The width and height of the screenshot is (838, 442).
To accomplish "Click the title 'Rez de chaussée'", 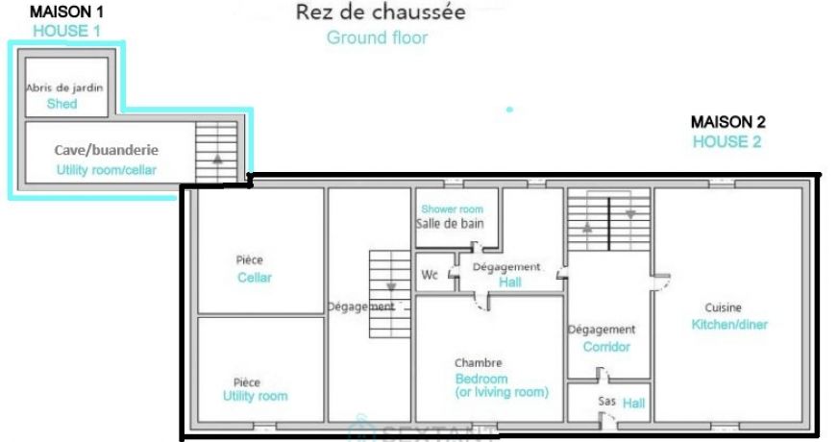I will [x=381, y=12].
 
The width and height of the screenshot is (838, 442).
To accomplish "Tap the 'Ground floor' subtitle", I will [x=377, y=38].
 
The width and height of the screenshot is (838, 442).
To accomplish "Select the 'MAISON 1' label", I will [x=67, y=12].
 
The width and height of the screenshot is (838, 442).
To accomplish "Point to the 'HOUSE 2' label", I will [x=728, y=141].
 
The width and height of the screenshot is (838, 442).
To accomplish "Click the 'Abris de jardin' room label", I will [x=64, y=87].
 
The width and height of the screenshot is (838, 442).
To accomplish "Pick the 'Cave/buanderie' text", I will [x=106, y=151].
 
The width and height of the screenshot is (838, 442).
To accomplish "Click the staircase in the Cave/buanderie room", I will [x=216, y=151].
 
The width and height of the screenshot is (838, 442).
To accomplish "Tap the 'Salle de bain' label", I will [x=450, y=223].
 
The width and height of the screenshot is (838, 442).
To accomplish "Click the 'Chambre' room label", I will [x=478, y=363].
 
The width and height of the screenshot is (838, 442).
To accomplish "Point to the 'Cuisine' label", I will [x=723, y=308].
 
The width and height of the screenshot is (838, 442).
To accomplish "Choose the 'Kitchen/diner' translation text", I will [x=729, y=325].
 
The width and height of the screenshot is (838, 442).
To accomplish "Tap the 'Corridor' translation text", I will [x=606, y=347].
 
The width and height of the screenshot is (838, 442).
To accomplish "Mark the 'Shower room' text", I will [x=452, y=209].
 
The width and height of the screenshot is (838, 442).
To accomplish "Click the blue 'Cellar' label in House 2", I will [x=255, y=278].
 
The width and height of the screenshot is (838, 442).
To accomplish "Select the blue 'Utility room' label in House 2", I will [x=255, y=396].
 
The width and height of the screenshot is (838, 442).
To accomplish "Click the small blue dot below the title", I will [x=509, y=110].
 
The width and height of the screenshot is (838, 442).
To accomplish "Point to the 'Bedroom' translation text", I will [x=481, y=379].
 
